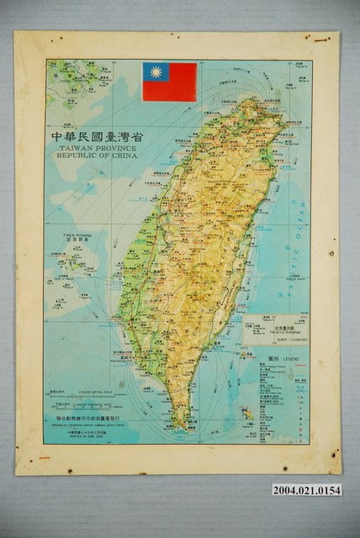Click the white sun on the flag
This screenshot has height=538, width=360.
click(x=156, y=72)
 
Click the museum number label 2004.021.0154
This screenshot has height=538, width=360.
click(x=306, y=490)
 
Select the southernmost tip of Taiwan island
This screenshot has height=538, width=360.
click(x=180, y=427)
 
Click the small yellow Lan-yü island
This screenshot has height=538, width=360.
click(x=247, y=413)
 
